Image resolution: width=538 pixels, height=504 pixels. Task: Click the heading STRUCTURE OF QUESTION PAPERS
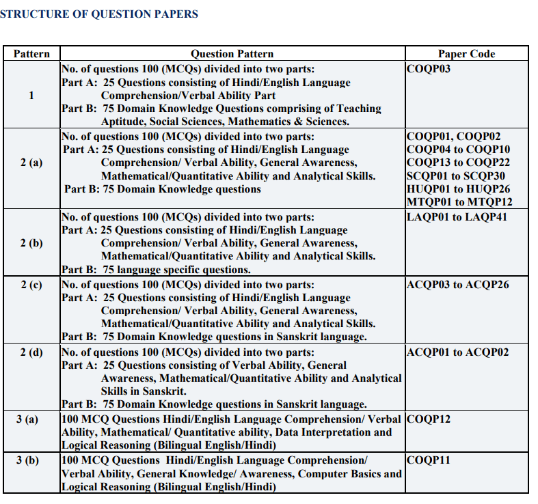[99, 14]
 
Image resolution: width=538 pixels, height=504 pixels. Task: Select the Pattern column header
[31, 54]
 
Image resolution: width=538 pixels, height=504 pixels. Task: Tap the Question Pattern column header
[232, 54]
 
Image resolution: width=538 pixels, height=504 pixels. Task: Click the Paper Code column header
[466, 54]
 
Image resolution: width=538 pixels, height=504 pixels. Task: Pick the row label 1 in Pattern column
[31, 95]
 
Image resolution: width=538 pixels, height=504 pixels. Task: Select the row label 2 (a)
[31, 163]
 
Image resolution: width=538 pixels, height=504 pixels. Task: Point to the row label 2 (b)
[31, 243]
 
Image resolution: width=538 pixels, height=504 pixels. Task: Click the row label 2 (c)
[31, 285]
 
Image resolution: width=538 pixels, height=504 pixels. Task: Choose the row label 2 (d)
[31, 352]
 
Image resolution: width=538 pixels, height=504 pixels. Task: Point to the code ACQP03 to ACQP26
[457, 285]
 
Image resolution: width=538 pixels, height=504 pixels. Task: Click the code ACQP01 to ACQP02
[457, 352]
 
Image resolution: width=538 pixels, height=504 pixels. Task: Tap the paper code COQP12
[429, 419]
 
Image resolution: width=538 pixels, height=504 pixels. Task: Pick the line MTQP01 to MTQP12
[459, 201]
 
